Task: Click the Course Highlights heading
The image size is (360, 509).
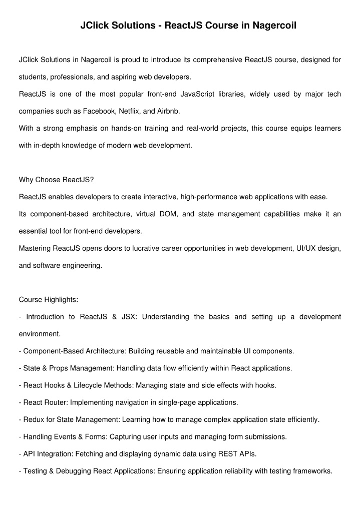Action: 49,299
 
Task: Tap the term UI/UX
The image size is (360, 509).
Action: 298,248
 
